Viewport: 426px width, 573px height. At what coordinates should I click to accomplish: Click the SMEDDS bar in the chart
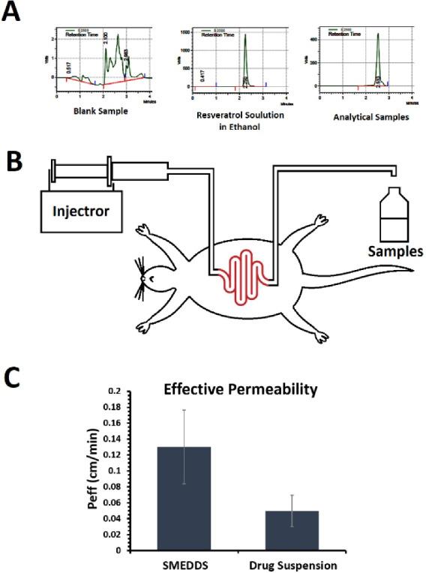pos(184,498)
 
